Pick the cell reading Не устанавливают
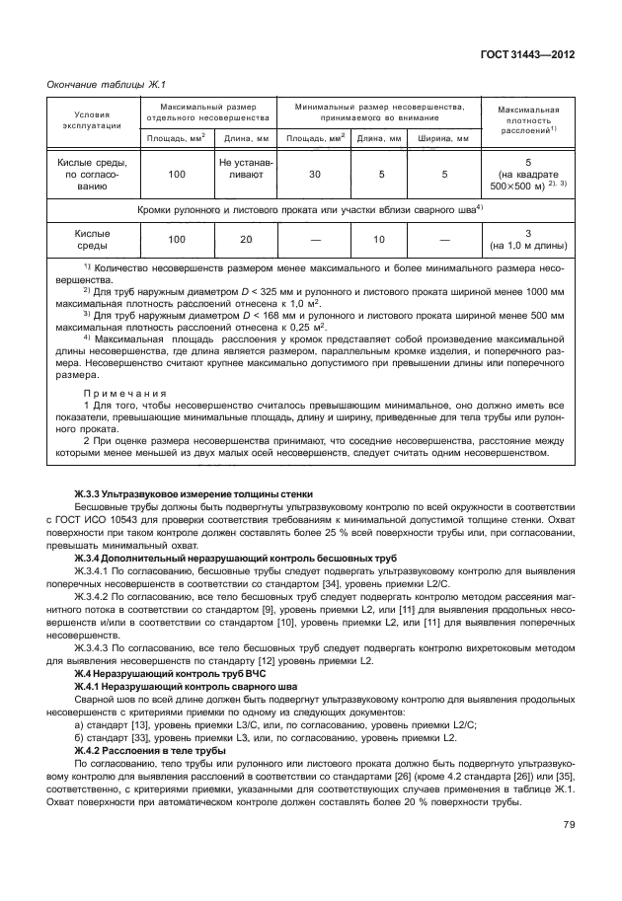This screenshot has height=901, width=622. [x=242, y=174]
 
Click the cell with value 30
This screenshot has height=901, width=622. [x=315, y=174]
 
